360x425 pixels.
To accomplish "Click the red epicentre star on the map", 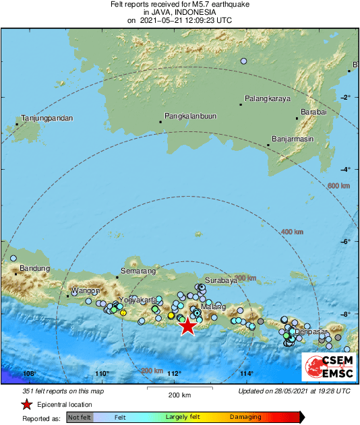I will [187, 326].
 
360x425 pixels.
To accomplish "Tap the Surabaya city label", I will [221, 280].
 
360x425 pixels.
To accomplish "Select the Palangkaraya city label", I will [267, 98].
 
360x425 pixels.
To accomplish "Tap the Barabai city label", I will [313, 112].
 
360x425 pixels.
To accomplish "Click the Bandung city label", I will [35, 269].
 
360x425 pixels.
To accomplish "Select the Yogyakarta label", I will [138, 299].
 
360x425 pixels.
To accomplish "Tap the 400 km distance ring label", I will [291, 232].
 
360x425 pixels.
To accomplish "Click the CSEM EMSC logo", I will [328, 364].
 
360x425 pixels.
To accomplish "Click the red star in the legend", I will [26, 405].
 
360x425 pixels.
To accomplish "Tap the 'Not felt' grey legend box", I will [79, 418].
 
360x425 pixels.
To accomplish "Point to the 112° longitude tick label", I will [174, 374].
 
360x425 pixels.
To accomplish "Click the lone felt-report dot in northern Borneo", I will [243, 61].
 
